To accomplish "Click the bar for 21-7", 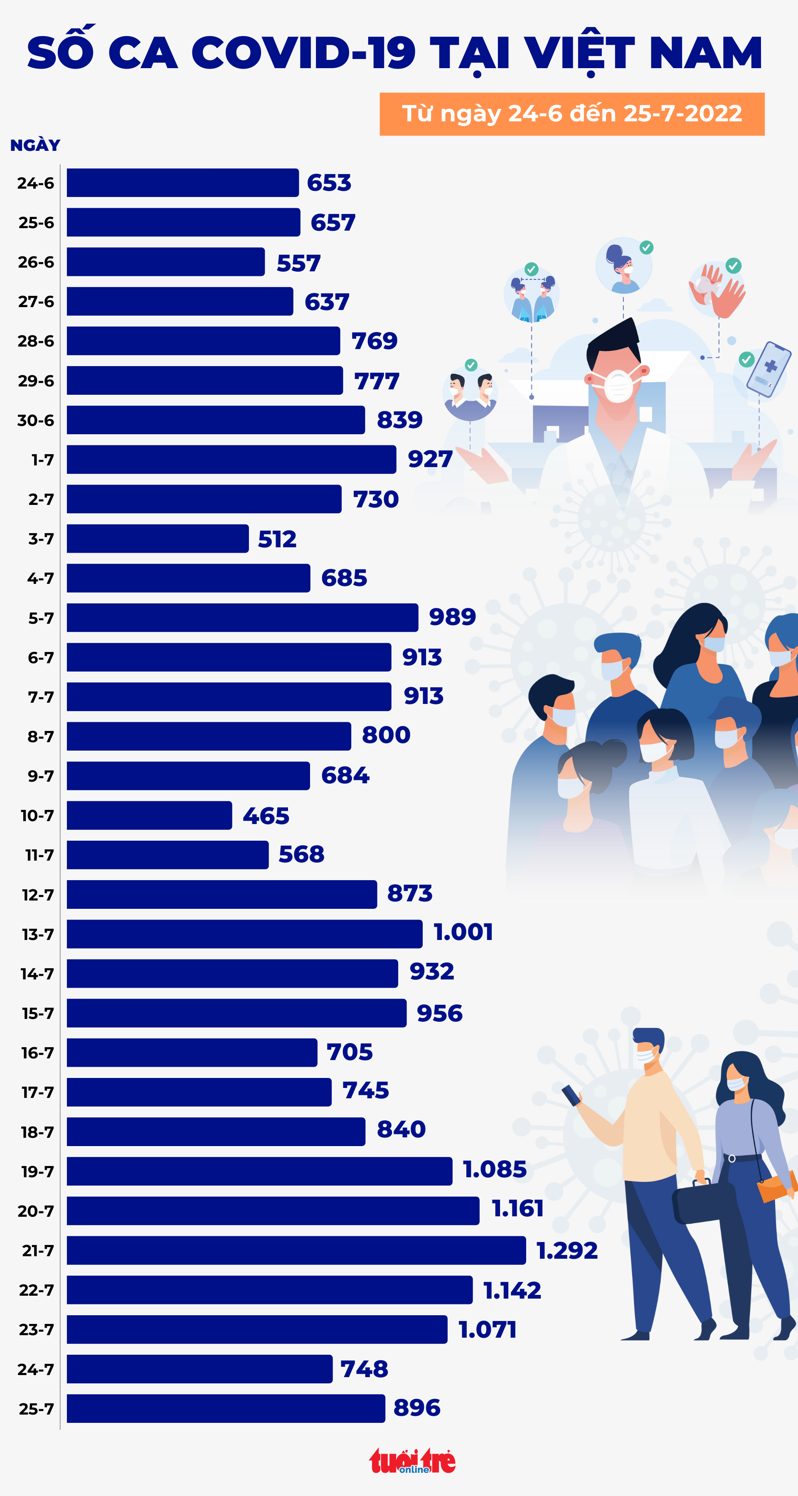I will pos(296,1250).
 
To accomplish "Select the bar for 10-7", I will pos(149,815).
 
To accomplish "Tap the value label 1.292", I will pos(567,1250).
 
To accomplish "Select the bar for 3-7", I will pos(158,538).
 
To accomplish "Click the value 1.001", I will pos(463,932).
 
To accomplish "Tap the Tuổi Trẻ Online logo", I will pos(412,1461).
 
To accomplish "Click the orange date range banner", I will pos(571,114).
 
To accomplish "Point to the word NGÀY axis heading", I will pos(35,145).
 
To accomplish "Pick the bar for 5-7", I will pos(242,618).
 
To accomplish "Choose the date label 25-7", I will pos(36,1409).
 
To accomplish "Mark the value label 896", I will pos(417,1408).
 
